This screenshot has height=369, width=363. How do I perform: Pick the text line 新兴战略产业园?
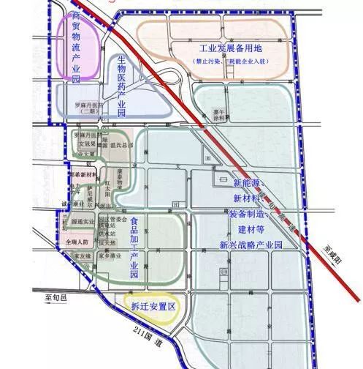(x=251, y=245)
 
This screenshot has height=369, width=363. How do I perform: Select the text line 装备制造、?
(x=251, y=214)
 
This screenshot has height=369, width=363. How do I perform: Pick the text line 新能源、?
(x=251, y=182)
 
